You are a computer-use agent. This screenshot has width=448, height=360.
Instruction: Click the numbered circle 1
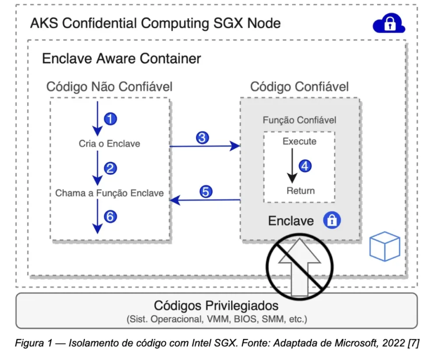111,119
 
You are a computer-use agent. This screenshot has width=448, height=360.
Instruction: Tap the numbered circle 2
111,168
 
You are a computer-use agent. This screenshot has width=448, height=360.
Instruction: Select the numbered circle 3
202,138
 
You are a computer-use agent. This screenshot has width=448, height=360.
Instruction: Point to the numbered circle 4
305,166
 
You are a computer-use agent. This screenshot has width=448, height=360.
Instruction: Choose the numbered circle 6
111,216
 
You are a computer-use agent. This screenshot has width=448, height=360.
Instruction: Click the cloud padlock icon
388,24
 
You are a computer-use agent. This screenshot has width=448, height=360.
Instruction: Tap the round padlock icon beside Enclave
332,220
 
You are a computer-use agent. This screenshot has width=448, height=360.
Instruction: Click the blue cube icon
385,246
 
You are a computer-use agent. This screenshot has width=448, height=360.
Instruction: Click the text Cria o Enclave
109,143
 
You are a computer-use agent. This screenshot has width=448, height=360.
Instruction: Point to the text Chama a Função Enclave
109,193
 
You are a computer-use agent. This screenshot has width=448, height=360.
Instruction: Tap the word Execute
299,142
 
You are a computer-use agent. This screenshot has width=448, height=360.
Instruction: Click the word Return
300,191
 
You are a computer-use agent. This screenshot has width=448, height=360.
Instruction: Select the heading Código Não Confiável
109,87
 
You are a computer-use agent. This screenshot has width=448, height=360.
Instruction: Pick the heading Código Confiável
299,87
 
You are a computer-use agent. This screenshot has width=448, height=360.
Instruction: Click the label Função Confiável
299,120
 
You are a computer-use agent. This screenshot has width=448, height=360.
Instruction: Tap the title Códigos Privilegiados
216,305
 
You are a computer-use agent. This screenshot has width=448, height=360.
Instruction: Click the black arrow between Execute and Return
292,166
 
